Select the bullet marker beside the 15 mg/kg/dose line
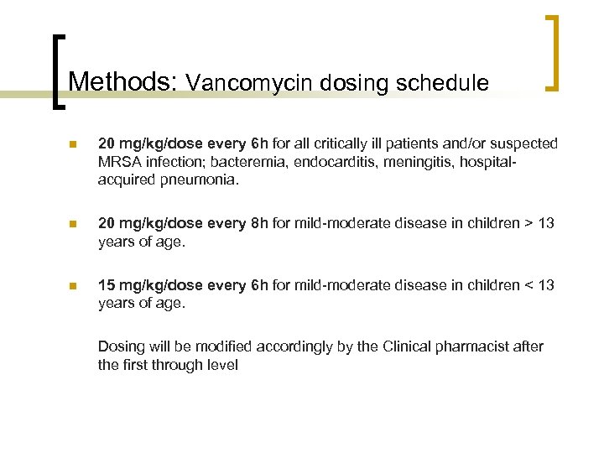tap(73, 286)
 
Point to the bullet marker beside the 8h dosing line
tap(73, 224)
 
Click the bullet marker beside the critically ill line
tap(73, 144)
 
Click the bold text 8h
tap(260, 224)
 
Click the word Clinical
tap(412, 346)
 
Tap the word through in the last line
tap(174, 365)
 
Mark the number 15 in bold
tap(107, 286)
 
